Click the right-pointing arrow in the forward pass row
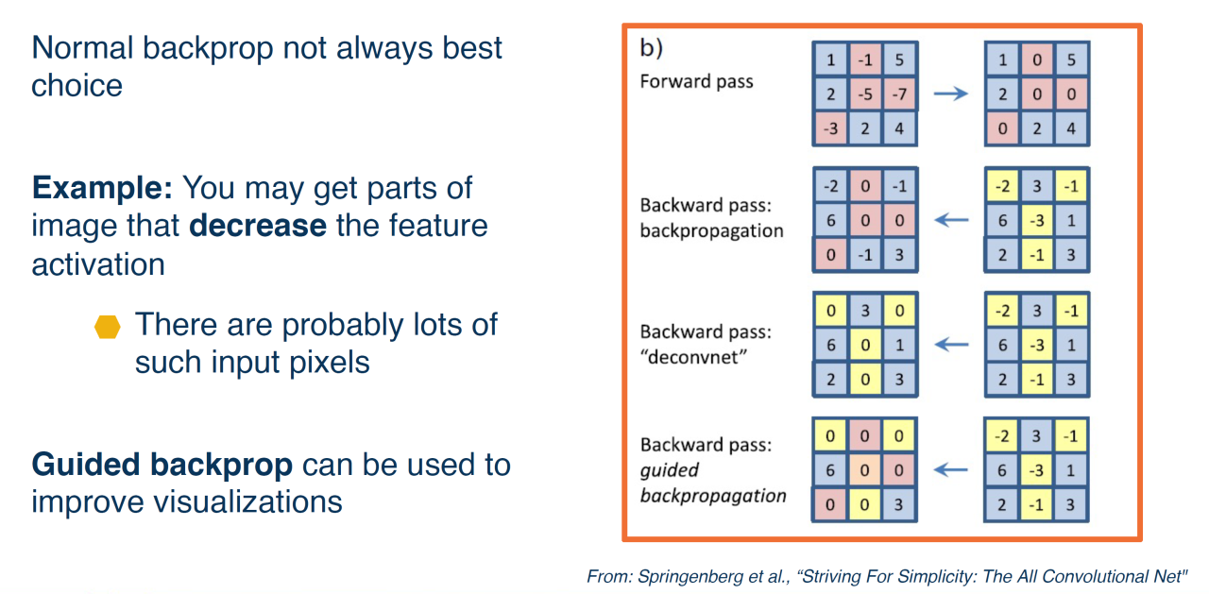pyautogui.click(x=950, y=93)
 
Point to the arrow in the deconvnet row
pyautogui.click(x=950, y=345)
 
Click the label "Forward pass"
pyautogui.click(x=696, y=81)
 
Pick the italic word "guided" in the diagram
pyautogui.click(x=669, y=469)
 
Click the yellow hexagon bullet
pyautogui.click(x=109, y=328)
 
